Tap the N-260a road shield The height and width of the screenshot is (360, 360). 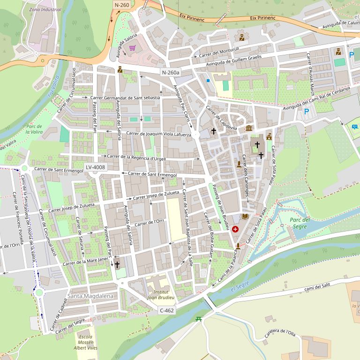(171, 73)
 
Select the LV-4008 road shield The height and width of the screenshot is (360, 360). (96, 167)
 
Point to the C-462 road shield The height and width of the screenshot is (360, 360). (167, 310)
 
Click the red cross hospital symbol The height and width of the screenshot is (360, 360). (235, 229)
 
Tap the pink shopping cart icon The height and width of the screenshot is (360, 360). (133, 48)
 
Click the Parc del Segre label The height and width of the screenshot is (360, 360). (300, 223)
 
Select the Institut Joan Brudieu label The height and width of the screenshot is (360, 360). (161, 294)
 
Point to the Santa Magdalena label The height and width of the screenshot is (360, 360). (90, 296)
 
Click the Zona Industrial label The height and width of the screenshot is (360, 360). (45, 9)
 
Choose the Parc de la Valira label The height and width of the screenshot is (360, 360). (34, 129)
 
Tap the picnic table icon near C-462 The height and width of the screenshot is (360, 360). (198, 319)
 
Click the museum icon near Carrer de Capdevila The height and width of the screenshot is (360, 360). (249, 128)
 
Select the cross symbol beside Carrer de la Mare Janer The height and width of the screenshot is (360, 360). (117, 264)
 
